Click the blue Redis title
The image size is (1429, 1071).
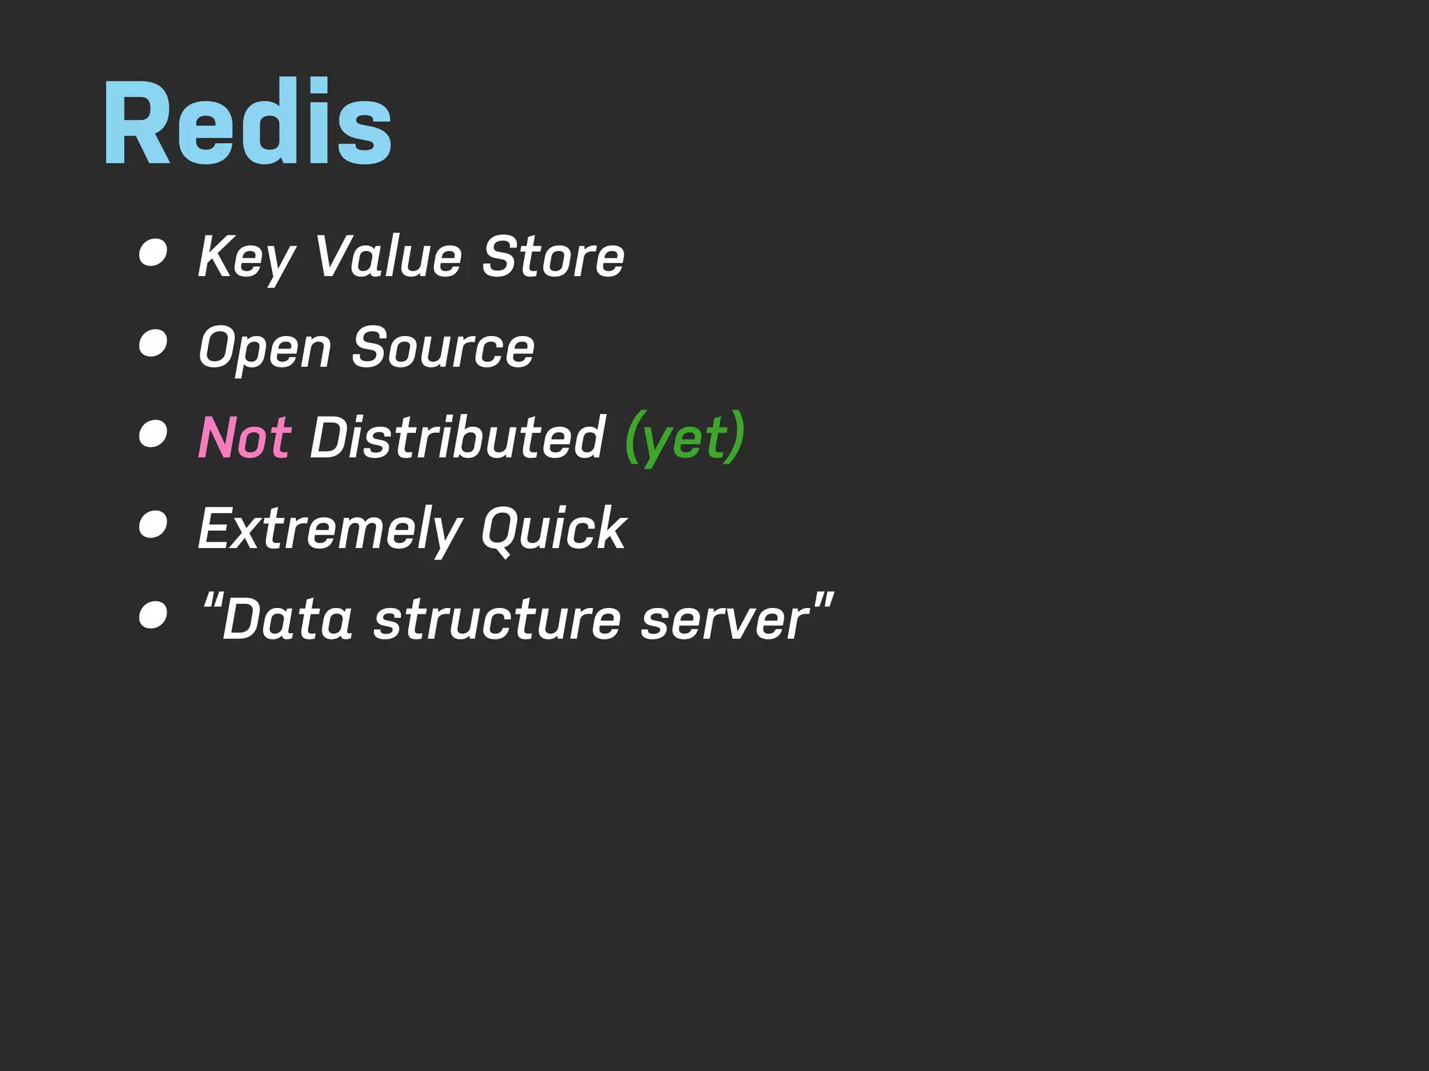pos(248,123)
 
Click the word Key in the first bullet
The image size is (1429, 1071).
pos(246,257)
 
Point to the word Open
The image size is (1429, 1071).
pos(265,347)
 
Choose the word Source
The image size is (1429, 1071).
pos(444,347)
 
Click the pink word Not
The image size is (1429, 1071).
pos(244,438)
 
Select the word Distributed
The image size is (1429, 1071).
pos(458,438)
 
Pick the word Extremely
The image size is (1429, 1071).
pos(329,529)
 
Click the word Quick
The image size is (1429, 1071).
pos(554,529)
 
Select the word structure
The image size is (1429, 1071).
pos(497,619)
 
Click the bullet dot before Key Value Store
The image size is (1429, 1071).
pos(153,252)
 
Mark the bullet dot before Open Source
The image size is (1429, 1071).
pos(153,343)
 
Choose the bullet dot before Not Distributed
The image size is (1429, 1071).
pos(153,434)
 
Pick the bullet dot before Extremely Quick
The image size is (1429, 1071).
pos(153,524)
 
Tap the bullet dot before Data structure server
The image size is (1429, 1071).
pos(153,615)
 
